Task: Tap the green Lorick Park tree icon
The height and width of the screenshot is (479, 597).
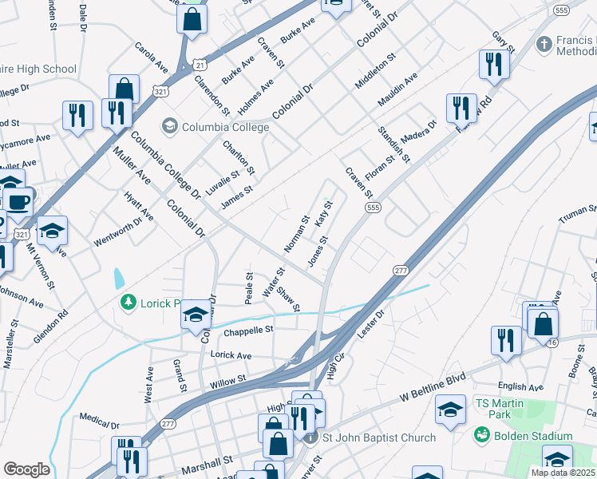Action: coord(127,301)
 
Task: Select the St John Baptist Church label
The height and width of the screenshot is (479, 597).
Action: coord(378,437)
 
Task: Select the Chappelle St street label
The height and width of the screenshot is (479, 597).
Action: coord(248,330)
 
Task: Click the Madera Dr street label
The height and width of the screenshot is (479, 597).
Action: coord(420,131)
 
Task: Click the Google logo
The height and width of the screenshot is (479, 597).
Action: coord(26,469)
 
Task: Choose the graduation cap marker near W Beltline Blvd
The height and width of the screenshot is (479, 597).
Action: coord(450,410)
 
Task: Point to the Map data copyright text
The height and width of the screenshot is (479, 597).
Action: coord(563,473)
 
